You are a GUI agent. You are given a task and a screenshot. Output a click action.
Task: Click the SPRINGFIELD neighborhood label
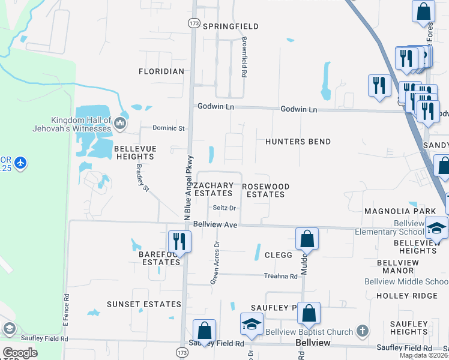point(231,26)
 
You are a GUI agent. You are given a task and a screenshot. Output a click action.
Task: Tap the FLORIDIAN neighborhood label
point(161,71)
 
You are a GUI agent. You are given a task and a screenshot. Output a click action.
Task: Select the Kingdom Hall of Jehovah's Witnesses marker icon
point(120,124)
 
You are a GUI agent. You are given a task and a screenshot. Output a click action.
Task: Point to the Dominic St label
point(169,128)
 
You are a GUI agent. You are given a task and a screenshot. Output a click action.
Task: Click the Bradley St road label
point(142,178)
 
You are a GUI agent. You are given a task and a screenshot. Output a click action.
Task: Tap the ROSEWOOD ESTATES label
point(265,190)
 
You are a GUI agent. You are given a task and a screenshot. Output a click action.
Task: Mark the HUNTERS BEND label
point(298,142)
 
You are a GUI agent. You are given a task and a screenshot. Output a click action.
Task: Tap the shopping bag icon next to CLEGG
point(307,238)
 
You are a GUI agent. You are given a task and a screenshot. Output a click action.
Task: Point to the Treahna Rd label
point(281,277)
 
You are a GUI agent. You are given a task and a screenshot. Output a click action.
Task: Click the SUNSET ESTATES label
point(144,304)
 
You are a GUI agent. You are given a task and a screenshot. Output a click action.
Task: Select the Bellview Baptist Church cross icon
point(362,331)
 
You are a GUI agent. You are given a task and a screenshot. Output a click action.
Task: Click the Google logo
point(20,352)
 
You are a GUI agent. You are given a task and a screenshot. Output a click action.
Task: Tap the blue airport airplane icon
point(21,163)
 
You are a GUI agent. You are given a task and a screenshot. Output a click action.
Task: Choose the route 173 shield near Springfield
point(193,23)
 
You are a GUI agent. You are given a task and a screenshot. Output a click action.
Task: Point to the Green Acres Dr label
point(215,262)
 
